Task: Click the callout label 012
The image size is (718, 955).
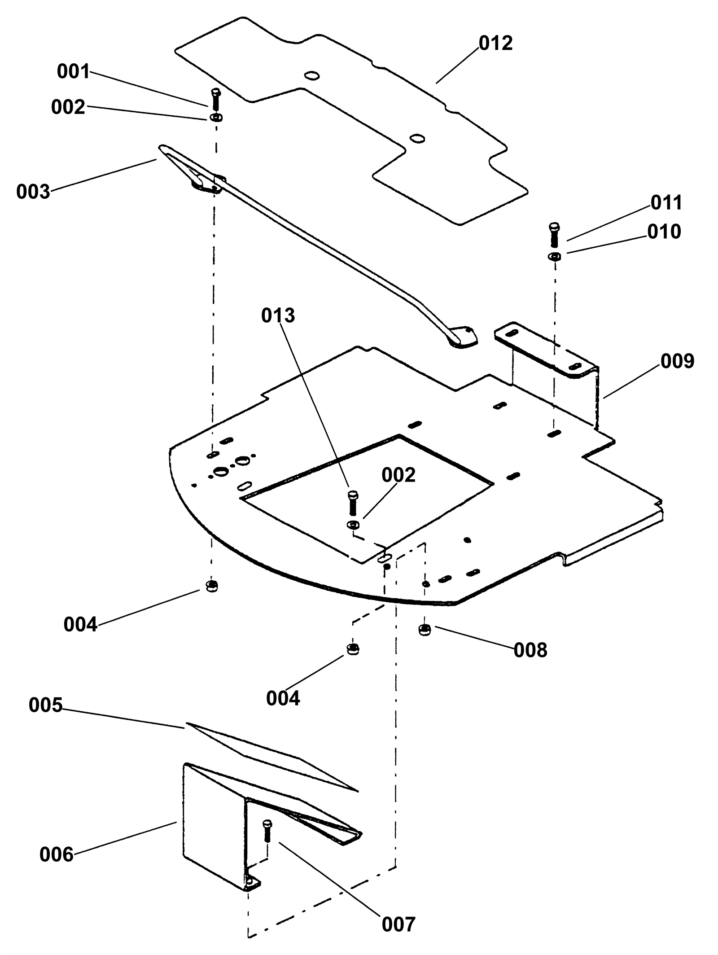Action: tap(495, 44)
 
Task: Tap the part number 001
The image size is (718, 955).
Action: tap(74, 72)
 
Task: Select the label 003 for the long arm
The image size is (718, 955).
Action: tap(33, 192)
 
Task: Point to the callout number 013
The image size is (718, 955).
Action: tap(278, 315)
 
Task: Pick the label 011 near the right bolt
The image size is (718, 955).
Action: tap(666, 203)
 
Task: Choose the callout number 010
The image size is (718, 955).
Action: tap(664, 232)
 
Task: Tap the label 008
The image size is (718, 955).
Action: tap(530, 650)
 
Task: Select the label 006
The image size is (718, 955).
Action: tap(57, 854)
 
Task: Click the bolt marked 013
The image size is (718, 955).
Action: tap(353, 503)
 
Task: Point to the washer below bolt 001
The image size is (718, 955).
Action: tap(215, 118)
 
